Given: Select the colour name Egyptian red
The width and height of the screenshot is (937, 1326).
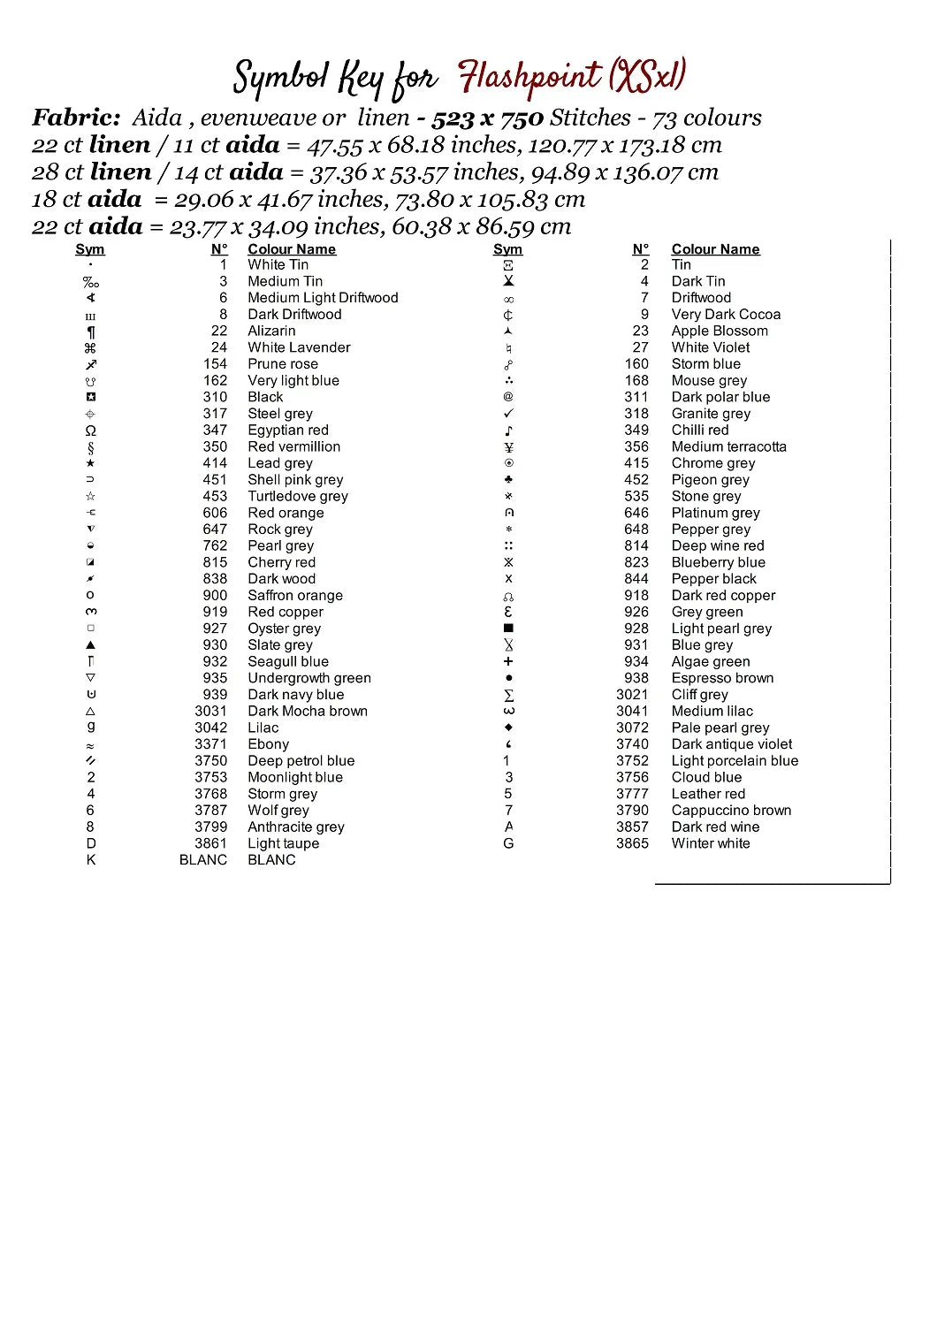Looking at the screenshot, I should pyautogui.click(x=288, y=431).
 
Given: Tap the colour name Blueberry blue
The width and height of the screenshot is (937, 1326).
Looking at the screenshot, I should pyautogui.click(x=718, y=562).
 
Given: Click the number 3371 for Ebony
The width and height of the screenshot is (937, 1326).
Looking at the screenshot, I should pyautogui.click(x=210, y=744).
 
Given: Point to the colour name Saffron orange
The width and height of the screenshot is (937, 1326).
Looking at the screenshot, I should pyautogui.click(x=295, y=596).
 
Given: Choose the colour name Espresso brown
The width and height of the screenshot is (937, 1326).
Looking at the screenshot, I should pyautogui.click(x=722, y=678).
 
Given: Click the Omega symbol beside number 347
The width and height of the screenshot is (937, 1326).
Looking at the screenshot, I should pyautogui.click(x=90, y=431).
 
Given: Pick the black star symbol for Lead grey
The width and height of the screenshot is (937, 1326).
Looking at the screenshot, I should pyautogui.click(x=90, y=463).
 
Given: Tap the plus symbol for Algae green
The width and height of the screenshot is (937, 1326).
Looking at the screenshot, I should pyautogui.click(x=508, y=661).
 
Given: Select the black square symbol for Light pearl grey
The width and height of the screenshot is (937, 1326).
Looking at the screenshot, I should pyautogui.click(x=508, y=629).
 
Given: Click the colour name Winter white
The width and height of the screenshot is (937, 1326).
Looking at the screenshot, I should pyautogui.click(x=710, y=843).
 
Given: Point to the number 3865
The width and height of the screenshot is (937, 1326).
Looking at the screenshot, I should pyautogui.click(x=632, y=843).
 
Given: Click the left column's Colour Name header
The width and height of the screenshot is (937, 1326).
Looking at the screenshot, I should pyautogui.click(x=292, y=249).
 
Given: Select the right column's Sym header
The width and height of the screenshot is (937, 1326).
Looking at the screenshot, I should pyautogui.click(x=507, y=249).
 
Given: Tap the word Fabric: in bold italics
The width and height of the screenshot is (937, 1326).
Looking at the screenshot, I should pyautogui.click(x=76, y=118).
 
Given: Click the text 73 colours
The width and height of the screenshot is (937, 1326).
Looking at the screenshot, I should pyautogui.click(x=706, y=118).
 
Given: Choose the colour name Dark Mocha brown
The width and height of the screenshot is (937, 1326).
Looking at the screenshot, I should pyautogui.click(x=308, y=711).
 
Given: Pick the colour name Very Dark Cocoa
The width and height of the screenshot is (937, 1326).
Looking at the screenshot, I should pyautogui.click(x=726, y=315).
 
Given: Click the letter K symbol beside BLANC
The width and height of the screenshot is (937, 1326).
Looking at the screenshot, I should pyautogui.click(x=90, y=860).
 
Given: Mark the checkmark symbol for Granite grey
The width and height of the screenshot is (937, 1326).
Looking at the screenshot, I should pyautogui.click(x=508, y=414).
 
